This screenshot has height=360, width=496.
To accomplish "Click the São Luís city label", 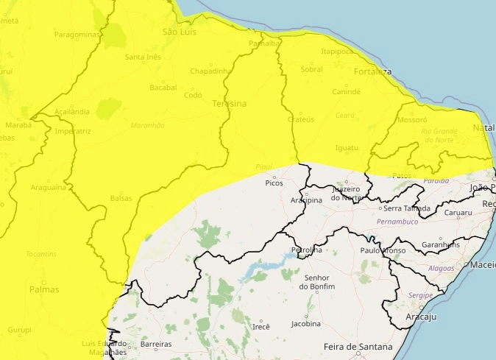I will [180, 32].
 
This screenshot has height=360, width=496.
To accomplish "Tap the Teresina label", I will [229, 105].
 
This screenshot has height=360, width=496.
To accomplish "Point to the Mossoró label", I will [412, 119].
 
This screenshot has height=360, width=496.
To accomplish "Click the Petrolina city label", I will [307, 250].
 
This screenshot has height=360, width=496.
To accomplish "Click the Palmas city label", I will [44, 289].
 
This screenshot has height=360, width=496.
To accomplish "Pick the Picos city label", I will [274, 183].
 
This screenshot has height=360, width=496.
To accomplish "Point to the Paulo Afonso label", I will [383, 250].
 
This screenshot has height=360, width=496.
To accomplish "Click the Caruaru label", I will [458, 213].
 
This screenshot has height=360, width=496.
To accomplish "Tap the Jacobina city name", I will [307, 324].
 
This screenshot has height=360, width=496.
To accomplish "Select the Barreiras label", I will [155, 345].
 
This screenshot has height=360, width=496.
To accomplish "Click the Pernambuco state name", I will [397, 222].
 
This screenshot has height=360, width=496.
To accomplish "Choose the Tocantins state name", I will [40, 254].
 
